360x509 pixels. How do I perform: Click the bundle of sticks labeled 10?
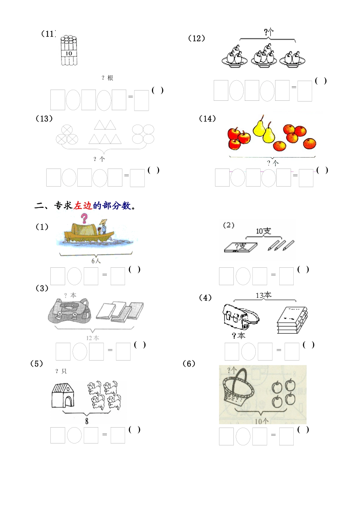click(x=69, y=51)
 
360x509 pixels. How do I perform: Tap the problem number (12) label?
click(x=196, y=38)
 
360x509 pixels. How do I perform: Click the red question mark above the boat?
click(x=84, y=218)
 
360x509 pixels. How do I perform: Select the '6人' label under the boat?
click(x=96, y=261)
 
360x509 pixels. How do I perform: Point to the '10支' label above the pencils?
click(x=263, y=231)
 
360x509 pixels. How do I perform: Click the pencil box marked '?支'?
click(x=240, y=247)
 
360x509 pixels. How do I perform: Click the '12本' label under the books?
click(x=92, y=338)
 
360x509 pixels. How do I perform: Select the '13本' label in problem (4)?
click(x=263, y=295)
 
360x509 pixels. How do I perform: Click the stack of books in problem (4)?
click(x=292, y=320)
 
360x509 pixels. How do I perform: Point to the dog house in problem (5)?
click(x=63, y=395)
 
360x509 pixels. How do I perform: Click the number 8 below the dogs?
click(x=87, y=421)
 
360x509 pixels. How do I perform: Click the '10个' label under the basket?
click(x=261, y=421)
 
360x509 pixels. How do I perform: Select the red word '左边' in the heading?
click(x=83, y=206)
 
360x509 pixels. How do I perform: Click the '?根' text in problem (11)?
click(x=107, y=78)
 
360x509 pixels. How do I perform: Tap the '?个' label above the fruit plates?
click(x=268, y=33)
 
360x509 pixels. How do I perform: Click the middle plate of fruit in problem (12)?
click(x=264, y=56)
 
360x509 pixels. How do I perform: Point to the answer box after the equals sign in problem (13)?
click(x=137, y=178)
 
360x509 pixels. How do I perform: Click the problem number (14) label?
click(x=207, y=119)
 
